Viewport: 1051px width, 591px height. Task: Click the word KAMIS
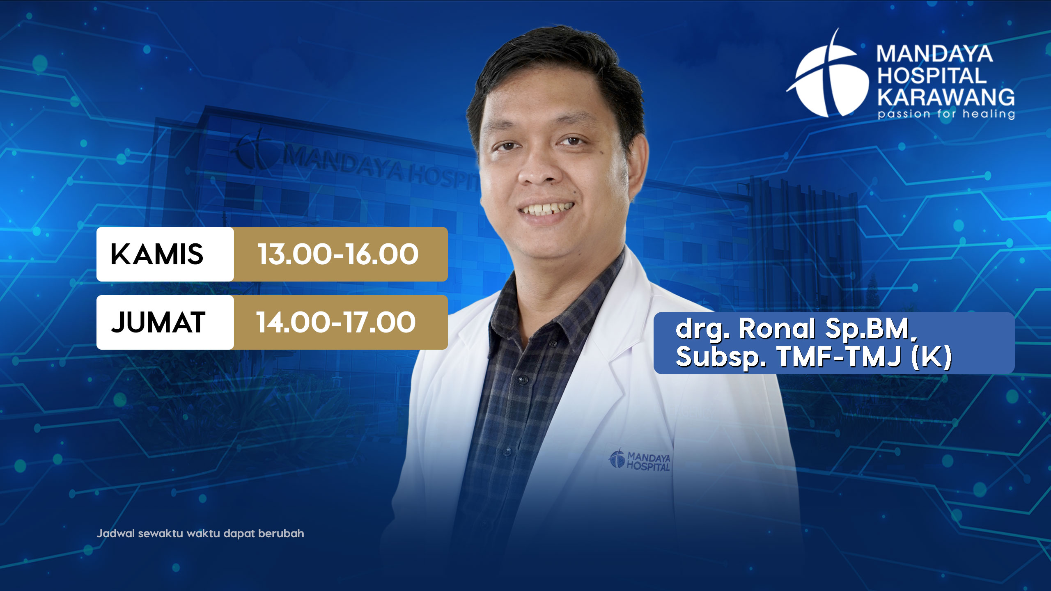coord(157,254)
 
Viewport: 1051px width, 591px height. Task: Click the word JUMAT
coord(158,323)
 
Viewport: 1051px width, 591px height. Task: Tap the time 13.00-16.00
coord(338,254)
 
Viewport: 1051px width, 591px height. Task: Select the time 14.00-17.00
coord(336,323)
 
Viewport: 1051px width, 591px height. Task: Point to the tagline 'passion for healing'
coord(946,114)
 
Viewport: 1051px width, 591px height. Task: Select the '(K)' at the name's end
coord(931,357)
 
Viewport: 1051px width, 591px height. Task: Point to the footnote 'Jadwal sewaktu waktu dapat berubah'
coord(200,534)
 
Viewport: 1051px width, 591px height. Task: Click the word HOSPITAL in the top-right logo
coord(932,76)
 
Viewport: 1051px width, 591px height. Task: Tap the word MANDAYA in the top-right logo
coord(935,54)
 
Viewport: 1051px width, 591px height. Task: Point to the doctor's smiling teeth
coord(546,208)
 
